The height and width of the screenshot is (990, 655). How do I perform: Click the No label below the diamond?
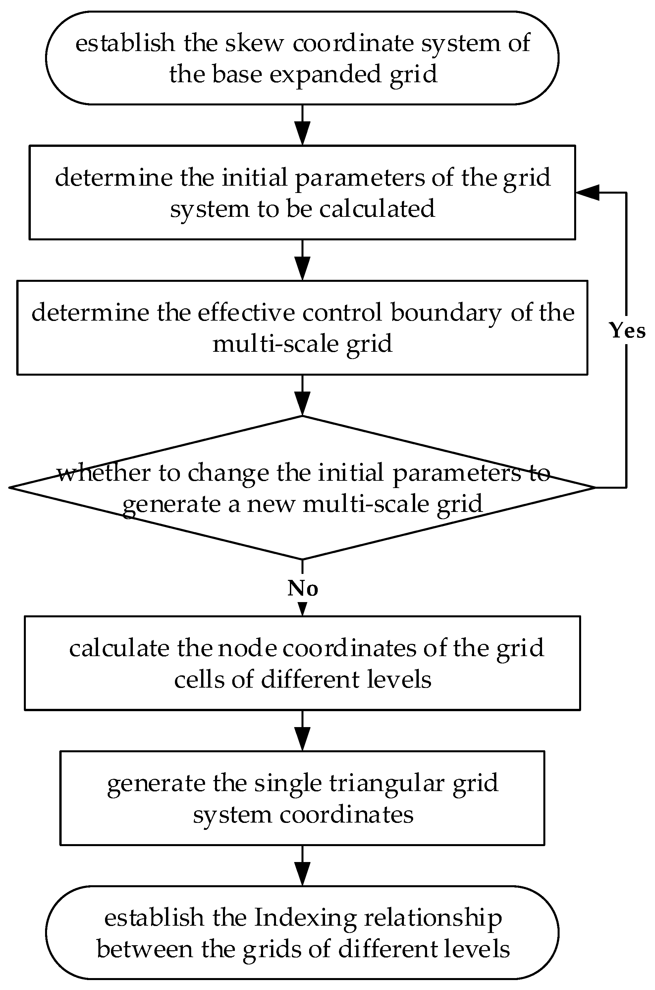[x=303, y=588]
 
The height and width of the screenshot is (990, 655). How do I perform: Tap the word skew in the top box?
[x=254, y=43]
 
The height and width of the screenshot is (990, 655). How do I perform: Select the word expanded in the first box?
[x=325, y=74]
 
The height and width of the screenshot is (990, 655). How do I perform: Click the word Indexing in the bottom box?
[x=305, y=918]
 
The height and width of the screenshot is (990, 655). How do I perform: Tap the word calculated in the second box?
[x=377, y=209]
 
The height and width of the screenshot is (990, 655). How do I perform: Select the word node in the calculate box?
[x=247, y=648]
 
